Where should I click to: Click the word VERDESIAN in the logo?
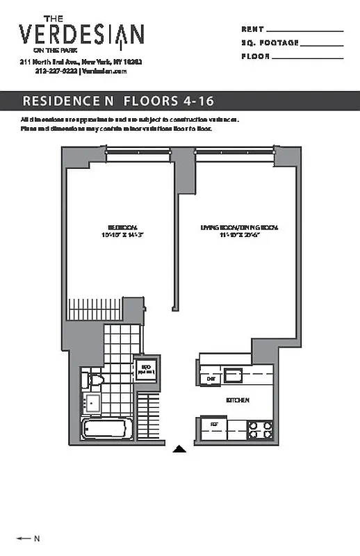[x=81, y=35]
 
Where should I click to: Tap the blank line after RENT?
[x=304, y=31]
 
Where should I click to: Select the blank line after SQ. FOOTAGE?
[x=322, y=45]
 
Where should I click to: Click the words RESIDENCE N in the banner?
[x=67, y=101]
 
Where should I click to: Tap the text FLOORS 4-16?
[x=169, y=101]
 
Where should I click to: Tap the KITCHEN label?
[x=238, y=401]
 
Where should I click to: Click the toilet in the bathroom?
[x=93, y=381]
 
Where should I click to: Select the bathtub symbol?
[x=109, y=428]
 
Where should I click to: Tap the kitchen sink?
[x=233, y=377]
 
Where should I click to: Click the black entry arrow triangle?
[x=179, y=449]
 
